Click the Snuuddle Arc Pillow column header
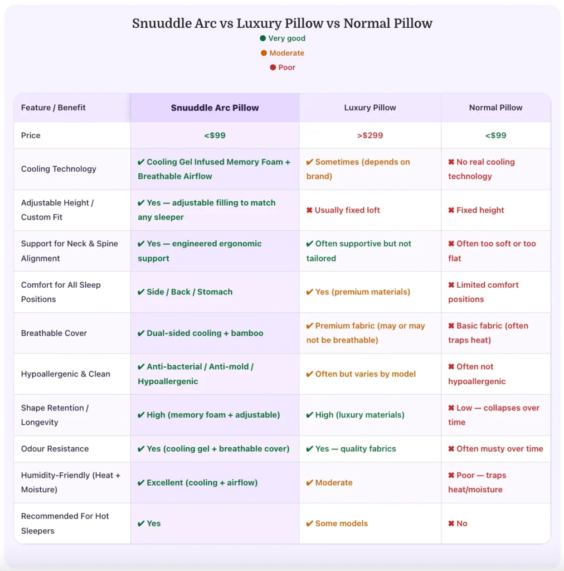click(x=215, y=108)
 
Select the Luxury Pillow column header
click(x=370, y=108)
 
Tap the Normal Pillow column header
click(x=495, y=108)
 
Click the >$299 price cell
click(x=370, y=136)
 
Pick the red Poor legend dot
click(x=273, y=67)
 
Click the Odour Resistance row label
click(x=55, y=449)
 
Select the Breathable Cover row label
click(x=54, y=333)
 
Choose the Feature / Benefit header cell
click(x=53, y=108)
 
